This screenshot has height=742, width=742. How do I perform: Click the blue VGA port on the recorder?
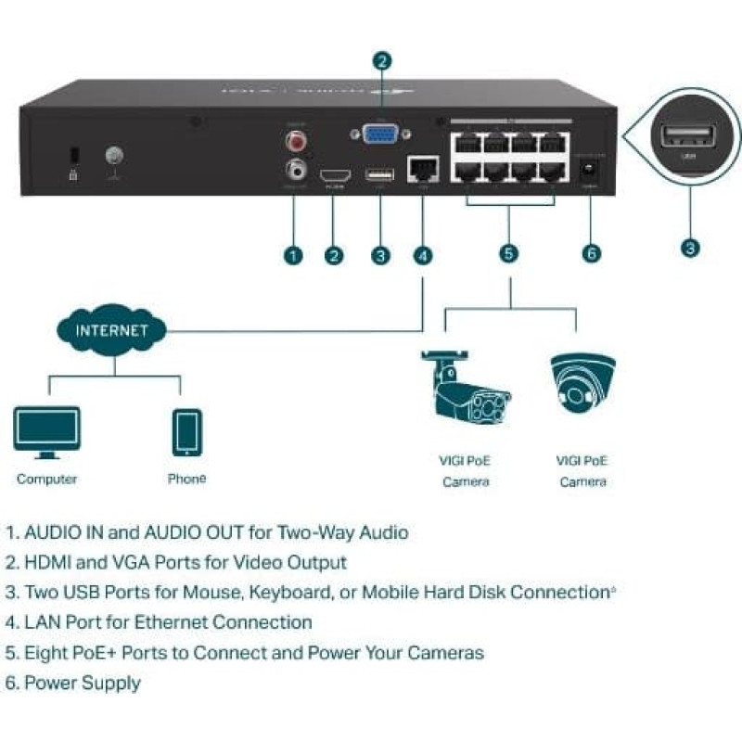pyautogui.click(x=377, y=134)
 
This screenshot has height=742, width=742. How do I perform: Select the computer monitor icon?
pyautogui.click(x=46, y=432)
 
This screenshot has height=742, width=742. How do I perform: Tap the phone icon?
pyautogui.click(x=186, y=432)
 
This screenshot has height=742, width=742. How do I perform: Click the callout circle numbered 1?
pyautogui.click(x=293, y=255)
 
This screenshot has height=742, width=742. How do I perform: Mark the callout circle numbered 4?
pyautogui.click(x=423, y=255)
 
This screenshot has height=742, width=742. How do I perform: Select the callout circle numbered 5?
pyautogui.click(x=508, y=254)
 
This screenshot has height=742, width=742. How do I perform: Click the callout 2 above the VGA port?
pyautogui.click(x=381, y=61)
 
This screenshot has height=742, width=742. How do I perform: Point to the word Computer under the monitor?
pyautogui.click(x=46, y=480)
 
